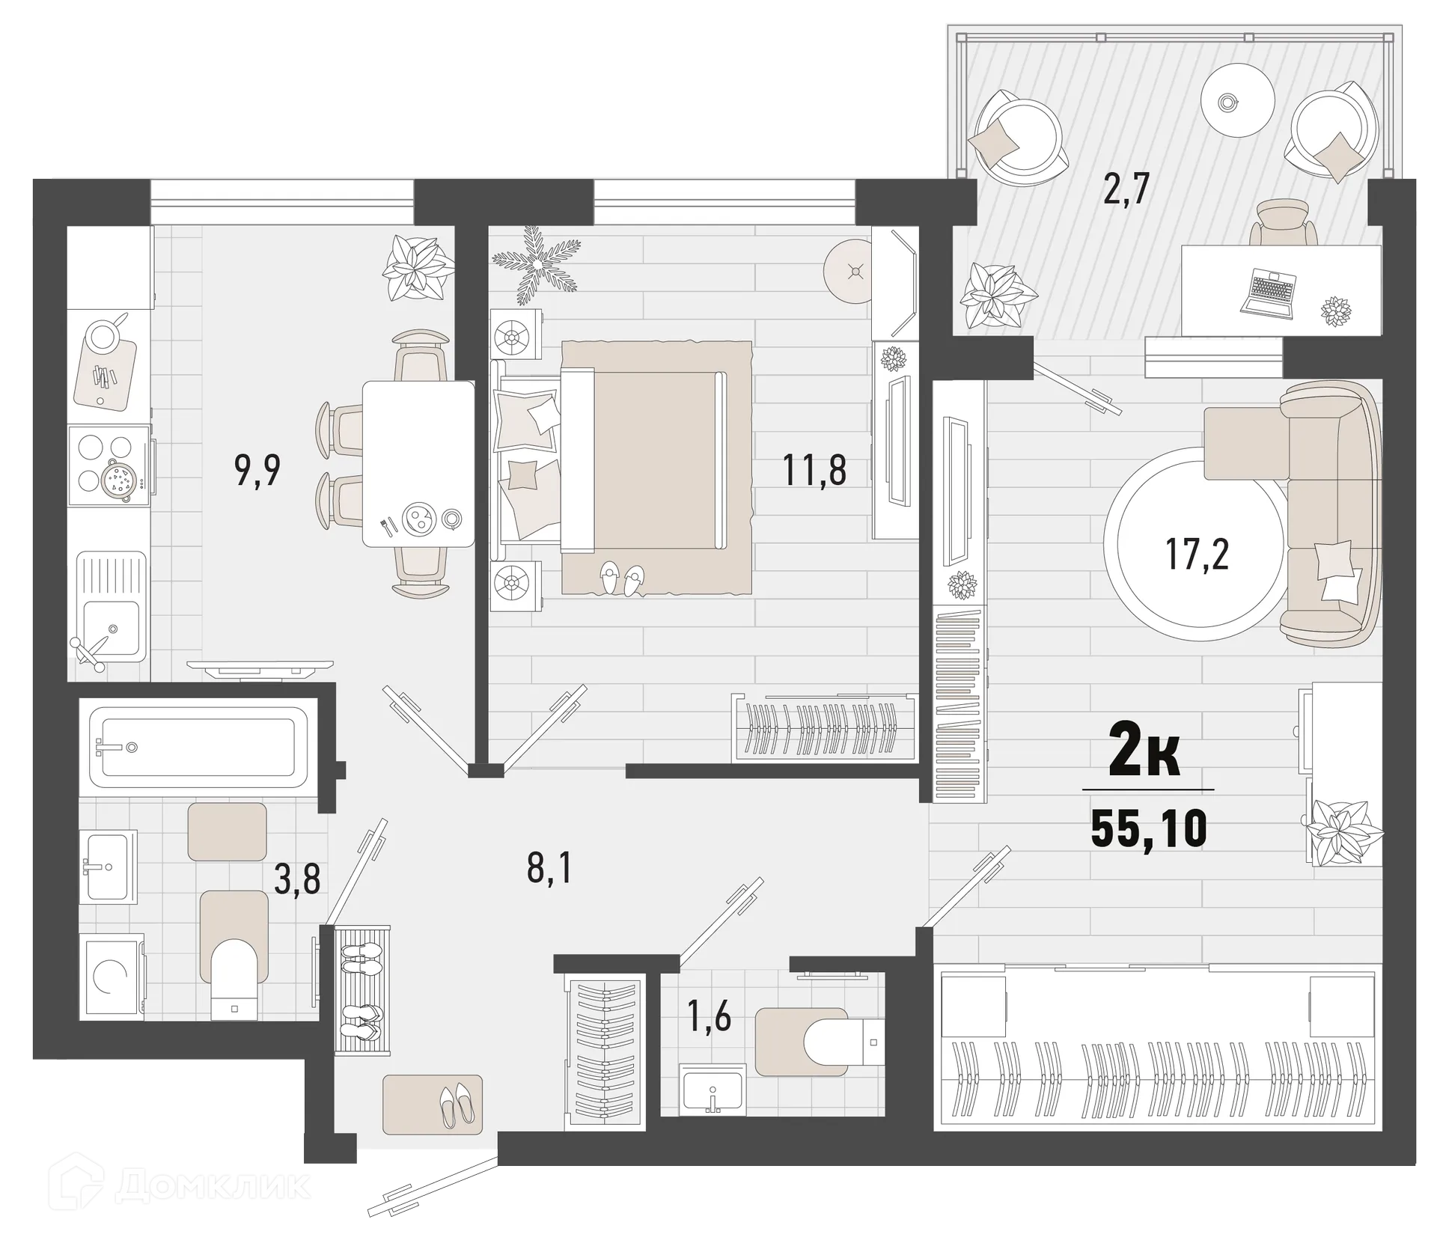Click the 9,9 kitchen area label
(257, 471)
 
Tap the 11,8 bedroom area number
(814, 471)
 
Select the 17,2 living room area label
(1196, 555)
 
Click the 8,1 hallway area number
(549, 870)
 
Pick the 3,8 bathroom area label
(297, 879)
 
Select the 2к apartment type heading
(1145, 757)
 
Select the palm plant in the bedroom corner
(536, 262)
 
